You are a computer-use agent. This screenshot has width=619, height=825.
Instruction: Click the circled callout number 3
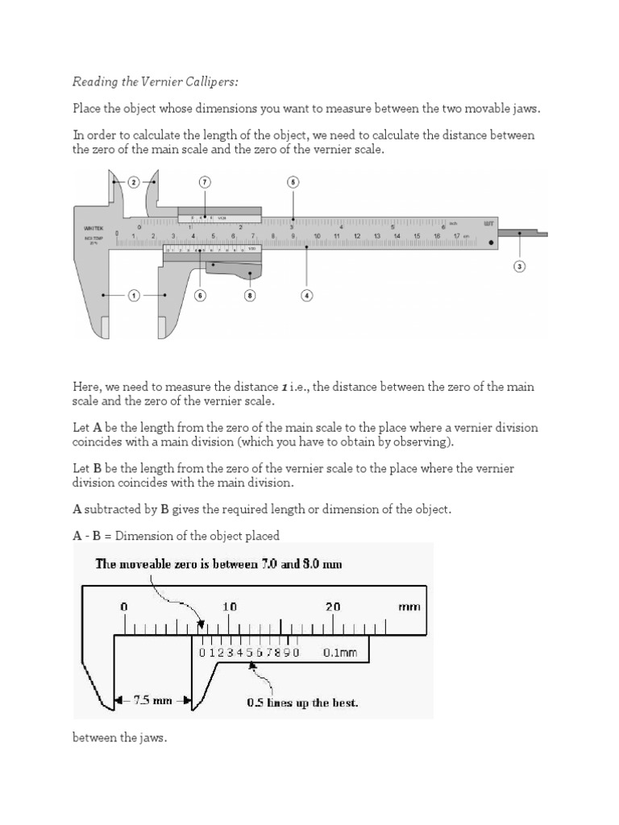[x=520, y=267]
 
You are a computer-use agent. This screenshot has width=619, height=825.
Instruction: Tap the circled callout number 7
[x=205, y=182]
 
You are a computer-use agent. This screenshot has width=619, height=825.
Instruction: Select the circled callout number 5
[x=293, y=182]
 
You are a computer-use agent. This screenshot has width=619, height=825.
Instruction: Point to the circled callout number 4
[x=306, y=296]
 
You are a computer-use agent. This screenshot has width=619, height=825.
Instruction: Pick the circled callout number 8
[x=249, y=296]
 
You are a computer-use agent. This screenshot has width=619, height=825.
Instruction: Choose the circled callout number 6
[x=200, y=296]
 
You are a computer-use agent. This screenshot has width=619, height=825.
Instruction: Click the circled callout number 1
[x=134, y=296]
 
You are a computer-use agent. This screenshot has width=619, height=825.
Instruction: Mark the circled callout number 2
[x=134, y=182]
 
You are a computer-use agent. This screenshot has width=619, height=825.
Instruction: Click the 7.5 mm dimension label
[x=152, y=701]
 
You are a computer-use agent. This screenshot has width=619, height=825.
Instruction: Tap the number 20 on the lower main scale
[x=334, y=607]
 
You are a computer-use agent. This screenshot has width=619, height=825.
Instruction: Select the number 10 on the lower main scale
[x=229, y=607]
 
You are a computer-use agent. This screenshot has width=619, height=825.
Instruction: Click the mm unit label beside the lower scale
[x=409, y=607]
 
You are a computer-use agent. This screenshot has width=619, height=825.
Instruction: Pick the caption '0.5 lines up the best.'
[x=302, y=702]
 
